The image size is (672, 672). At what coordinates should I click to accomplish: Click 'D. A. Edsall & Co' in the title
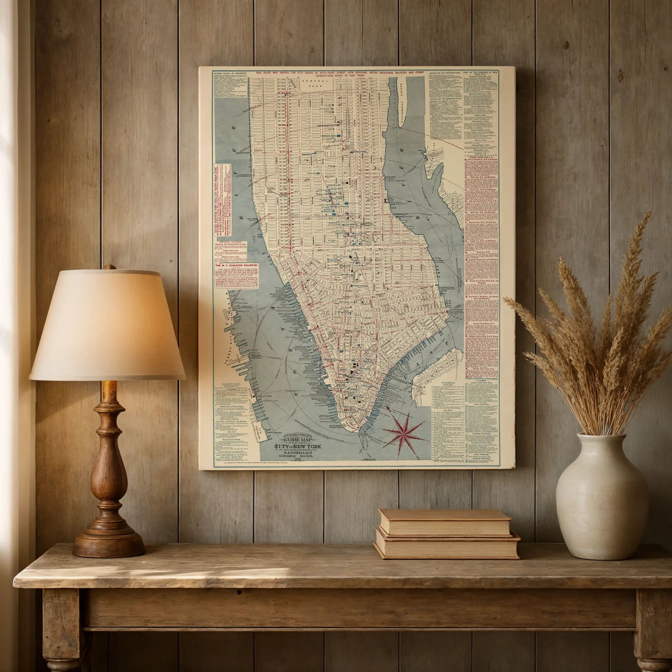297,452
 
